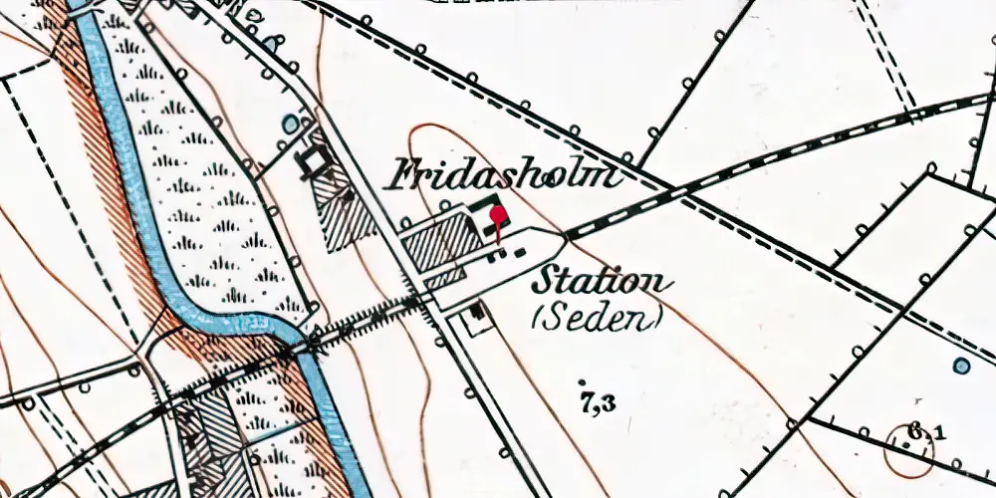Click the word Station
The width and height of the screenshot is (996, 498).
click(x=600, y=282)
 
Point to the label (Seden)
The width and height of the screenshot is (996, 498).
click(x=599, y=319)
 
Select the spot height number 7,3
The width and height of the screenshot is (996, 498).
click(x=596, y=403)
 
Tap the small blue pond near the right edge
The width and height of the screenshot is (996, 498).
click(x=961, y=366)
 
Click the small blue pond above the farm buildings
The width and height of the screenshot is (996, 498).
click(x=291, y=124)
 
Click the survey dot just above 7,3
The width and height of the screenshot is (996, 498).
click(x=582, y=381)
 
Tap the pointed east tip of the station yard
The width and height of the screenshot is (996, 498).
click(x=565, y=237)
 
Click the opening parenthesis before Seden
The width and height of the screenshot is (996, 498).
click(x=539, y=320)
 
